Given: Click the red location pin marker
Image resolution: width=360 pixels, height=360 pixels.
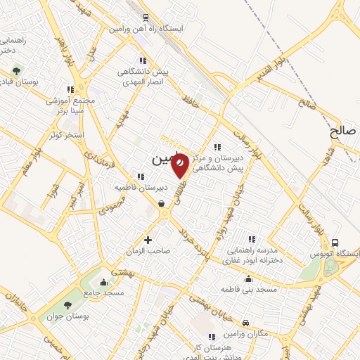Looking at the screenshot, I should tap(180, 165).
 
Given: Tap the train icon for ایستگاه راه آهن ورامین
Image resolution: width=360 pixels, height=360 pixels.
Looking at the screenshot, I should tap(146, 18).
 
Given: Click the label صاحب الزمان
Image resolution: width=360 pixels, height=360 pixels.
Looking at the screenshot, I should tap(148, 251).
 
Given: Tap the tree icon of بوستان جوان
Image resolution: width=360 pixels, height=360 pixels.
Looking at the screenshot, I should tap(67, 304).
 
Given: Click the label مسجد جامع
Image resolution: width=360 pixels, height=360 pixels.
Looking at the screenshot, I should tap(104, 291).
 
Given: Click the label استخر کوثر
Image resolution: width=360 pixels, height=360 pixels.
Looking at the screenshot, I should tap(67, 134).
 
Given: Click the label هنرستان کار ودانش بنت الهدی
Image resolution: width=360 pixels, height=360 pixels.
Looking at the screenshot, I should tap(211, 354).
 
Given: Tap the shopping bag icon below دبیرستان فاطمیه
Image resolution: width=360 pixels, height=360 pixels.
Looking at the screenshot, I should tap(162, 204).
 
